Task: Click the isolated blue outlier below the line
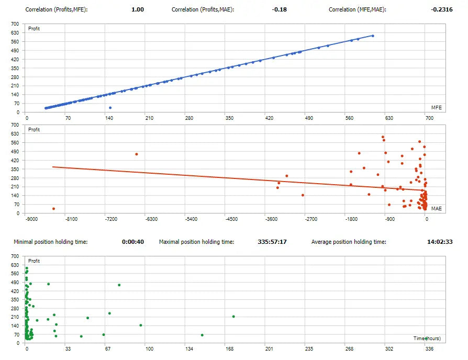click(110, 108)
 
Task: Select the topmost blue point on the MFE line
click(373, 36)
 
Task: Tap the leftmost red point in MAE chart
click(53, 209)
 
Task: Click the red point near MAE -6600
click(137, 154)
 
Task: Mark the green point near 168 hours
click(233, 316)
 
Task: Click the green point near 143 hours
click(202, 335)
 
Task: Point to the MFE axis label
click(436, 107)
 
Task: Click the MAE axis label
click(436, 208)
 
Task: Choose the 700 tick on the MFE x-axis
click(429, 118)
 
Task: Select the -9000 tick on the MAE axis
click(31, 220)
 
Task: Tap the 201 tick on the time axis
click(269, 348)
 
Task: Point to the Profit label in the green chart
click(34, 261)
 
